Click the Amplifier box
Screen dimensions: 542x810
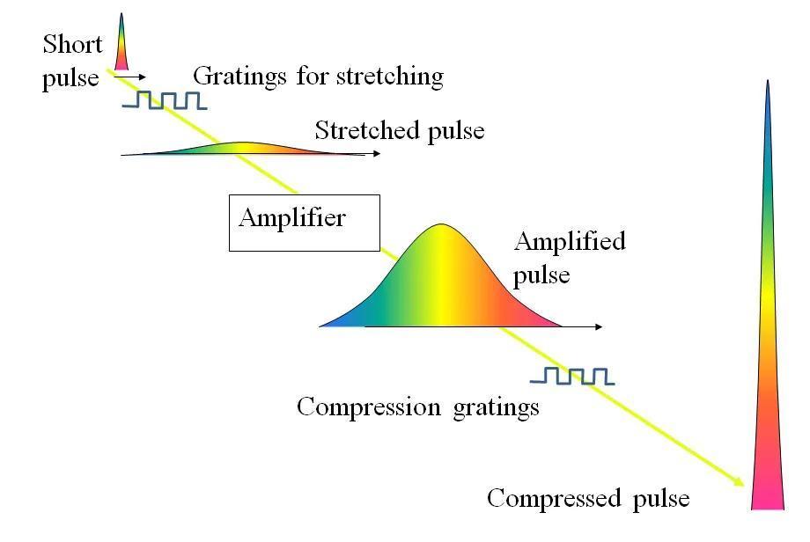click(304, 223)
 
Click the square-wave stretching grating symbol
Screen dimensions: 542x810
click(165, 100)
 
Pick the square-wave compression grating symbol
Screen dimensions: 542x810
click(572, 377)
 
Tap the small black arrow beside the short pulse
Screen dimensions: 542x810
click(130, 77)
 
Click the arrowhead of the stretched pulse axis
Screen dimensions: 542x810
click(376, 155)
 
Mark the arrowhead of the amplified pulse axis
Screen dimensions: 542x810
click(598, 327)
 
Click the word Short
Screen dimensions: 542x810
click(72, 44)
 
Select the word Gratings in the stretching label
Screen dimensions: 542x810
click(227, 77)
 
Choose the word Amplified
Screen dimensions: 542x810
click(569, 241)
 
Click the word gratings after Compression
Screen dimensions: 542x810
click(497, 408)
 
